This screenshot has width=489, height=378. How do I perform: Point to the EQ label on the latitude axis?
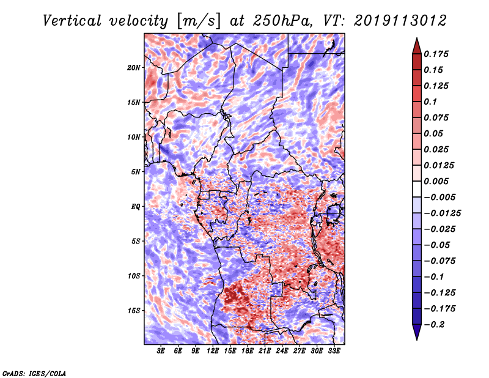136,206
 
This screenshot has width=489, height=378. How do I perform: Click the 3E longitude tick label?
161,351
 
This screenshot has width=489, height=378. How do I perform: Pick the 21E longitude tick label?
265,351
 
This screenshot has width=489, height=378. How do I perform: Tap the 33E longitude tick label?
334,351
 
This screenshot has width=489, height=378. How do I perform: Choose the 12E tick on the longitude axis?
213,351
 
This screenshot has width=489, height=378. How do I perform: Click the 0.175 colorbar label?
437,54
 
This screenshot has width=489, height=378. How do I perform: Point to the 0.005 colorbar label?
437,181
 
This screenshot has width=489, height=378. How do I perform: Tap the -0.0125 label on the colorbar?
444,213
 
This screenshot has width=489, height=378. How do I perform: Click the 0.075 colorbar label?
437,117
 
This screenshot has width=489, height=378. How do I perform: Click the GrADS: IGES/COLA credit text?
34,372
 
